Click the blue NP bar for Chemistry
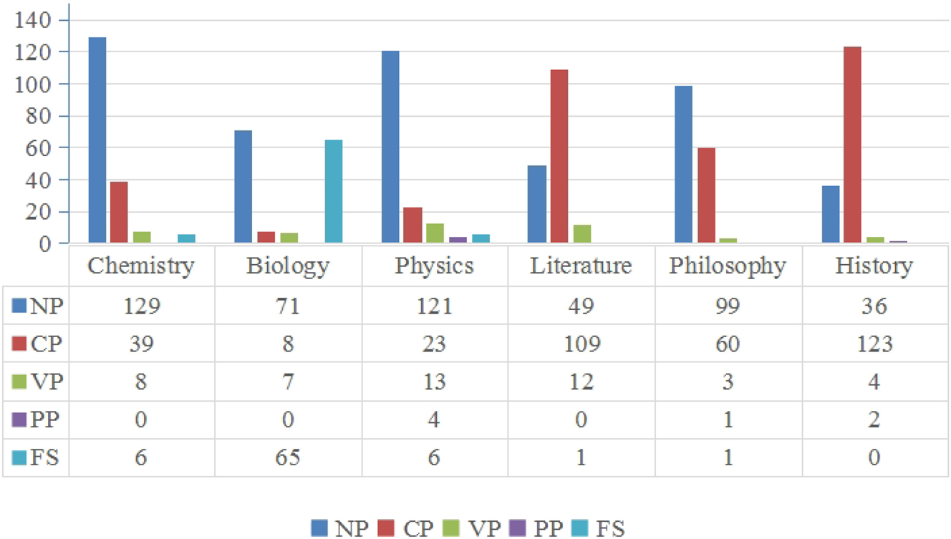97,140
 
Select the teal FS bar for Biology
333,191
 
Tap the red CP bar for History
851,145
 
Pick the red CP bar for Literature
559,156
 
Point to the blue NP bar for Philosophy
683,164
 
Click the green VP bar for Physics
434,233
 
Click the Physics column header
435,266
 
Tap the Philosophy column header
728,266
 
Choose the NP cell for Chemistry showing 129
141,306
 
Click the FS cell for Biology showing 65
288,457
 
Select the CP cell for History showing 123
874,344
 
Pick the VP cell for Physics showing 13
435,382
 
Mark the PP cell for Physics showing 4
435,419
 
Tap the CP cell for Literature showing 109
581,344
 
